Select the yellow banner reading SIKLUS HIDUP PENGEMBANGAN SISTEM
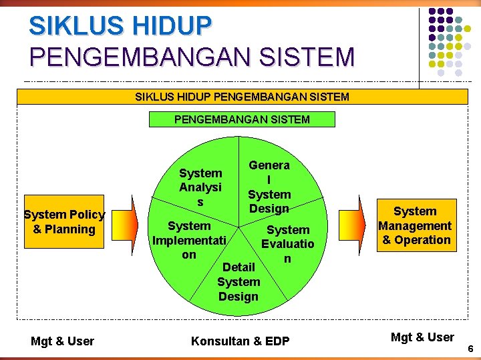242,97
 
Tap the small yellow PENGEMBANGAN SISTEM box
242,119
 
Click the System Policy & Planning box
64,222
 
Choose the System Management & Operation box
414,225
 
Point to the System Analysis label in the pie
200,187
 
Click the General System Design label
269,187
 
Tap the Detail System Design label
238,281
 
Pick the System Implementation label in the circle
189,240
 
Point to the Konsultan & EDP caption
240,341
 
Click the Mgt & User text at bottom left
62,341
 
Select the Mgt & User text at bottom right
422,337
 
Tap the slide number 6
470,349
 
